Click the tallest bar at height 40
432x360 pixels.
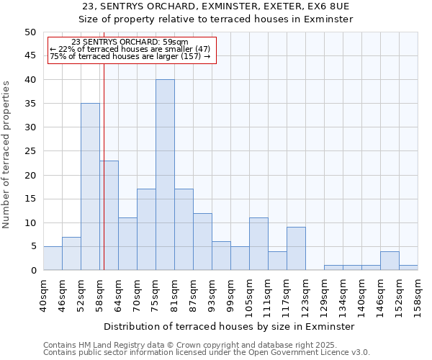[x=165, y=175]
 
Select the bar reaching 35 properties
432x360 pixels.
[x=90, y=187]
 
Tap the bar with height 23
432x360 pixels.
[x=109, y=215]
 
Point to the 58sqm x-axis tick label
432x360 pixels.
[x=99, y=294]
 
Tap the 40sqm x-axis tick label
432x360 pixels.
[x=43, y=294]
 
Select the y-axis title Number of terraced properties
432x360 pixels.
[x=6, y=155]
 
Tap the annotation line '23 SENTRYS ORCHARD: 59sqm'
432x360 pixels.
[x=130, y=42]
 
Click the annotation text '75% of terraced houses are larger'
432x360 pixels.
[x=130, y=56]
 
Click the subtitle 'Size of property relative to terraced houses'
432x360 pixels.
[x=216, y=19]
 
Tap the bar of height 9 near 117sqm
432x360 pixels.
[x=296, y=248]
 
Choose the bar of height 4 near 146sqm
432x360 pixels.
[x=390, y=261]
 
